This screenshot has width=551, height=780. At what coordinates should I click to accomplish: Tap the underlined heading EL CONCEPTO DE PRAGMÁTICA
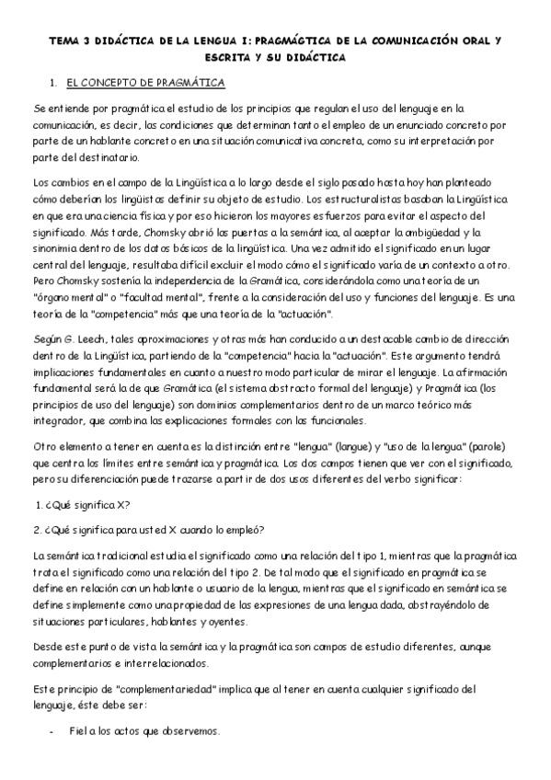tap(146, 83)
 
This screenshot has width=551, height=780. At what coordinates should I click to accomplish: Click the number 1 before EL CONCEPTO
tap(53, 83)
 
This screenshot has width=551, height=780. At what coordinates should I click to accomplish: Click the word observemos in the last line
tap(189, 731)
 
